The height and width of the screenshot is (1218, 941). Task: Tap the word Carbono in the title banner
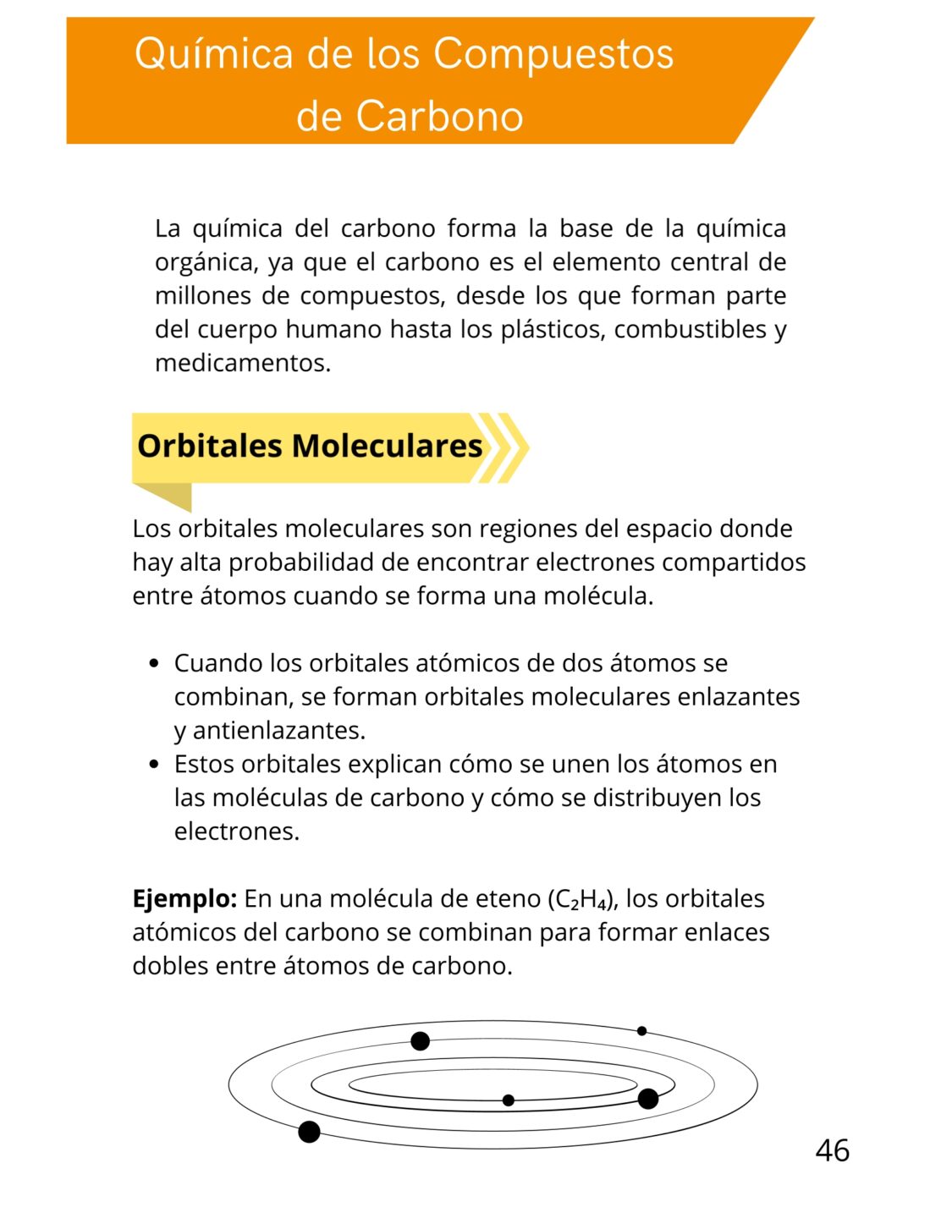[439, 116]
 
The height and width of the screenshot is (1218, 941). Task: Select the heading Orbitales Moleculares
[310, 446]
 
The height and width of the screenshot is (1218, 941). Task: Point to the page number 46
[832, 1150]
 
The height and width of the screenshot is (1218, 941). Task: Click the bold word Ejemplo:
[184, 898]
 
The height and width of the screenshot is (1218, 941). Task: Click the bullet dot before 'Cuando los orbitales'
[153, 664]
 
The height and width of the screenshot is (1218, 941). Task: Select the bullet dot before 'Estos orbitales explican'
[153, 765]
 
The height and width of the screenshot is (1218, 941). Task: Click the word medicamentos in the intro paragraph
[242, 363]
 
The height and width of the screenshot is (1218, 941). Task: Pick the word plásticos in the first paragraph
[553, 329]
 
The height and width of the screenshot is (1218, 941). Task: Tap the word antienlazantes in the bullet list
[279, 730]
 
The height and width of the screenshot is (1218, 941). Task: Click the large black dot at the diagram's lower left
[310, 1132]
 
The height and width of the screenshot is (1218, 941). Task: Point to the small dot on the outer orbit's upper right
[641, 1031]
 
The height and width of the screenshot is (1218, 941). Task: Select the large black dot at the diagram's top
[420, 1041]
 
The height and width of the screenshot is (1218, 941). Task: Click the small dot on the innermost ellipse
[508, 1100]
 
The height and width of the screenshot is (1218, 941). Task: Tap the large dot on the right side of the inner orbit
[648, 1099]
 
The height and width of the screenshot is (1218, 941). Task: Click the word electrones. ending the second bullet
[237, 831]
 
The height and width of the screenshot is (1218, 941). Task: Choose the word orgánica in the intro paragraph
[206, 262]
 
